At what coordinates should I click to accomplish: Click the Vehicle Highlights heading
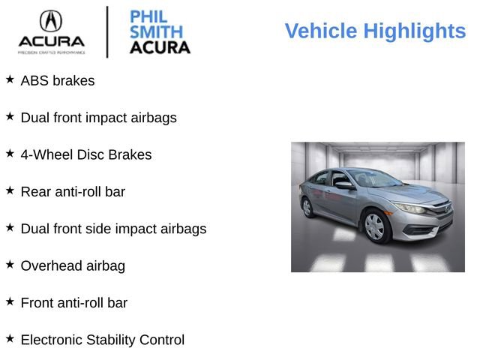pyautogui.click(x=375, y=31)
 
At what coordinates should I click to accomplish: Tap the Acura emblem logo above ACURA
pyautogui.click(x=51, y=20)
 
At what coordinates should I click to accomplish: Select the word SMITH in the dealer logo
pyautogui.click(x=155, y=31)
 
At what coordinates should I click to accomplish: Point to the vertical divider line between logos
pyautogui.click(x=107, y=31)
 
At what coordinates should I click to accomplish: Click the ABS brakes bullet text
pyautogui.click(x=58, y=80)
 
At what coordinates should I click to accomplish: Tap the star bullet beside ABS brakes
pyautogui.click(x=10, y=79)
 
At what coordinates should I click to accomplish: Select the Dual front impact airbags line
pyautogui.click(x=98, y=118)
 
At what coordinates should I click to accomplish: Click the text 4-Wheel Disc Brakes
pyautogui.click(x=85, y=154)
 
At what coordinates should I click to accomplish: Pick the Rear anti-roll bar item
pyautogui.click(x=73, y=191)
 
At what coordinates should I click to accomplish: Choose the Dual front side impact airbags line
pyautogui.click(x=113, y=229)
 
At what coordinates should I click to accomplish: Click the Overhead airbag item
pyautogui.click(x=73, y=265)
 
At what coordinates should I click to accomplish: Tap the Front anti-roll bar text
pyautogui.click(x=73, y=303)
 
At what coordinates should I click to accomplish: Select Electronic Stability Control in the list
pyautogui.click(x=102, y=340)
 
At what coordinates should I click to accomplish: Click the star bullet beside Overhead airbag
pyautogui.click(x=10, y=264)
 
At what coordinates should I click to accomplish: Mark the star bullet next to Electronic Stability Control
pyautogui.click(x=10, y=338)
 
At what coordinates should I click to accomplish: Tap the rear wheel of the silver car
pyautogui.click(x=307, y=208)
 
